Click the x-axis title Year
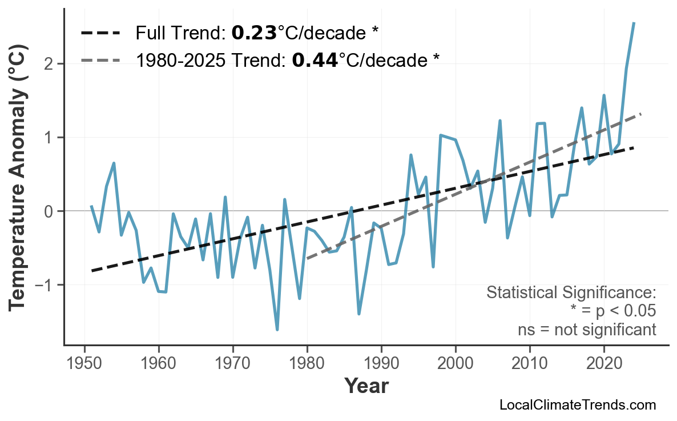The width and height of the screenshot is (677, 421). pyautogui.click(x=366, y=387)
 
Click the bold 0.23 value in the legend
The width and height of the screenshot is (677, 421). pyautogui.click(x=253, y=33)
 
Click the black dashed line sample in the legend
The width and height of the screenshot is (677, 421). pyautogui.click(x=100, y=33)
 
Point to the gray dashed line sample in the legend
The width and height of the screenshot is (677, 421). pyautogui.click(x=100, y=59)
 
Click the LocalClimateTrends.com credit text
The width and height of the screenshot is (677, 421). pyautogui.click(x=577, y=405)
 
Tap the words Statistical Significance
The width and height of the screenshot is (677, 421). pyautogui.click(x=571, y=293)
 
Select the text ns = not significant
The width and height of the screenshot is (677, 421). pyautogui.click(x=586, y=330)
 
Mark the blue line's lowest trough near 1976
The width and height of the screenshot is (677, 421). pyautogui.click(x=277, y=330)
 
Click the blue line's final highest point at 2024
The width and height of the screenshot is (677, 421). pyautogui.click(x=634, y=23)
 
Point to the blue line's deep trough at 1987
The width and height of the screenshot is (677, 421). pyautogui.click(x=359, y=314)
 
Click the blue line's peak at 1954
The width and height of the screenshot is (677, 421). pyautogui.click(x=114, y=163)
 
